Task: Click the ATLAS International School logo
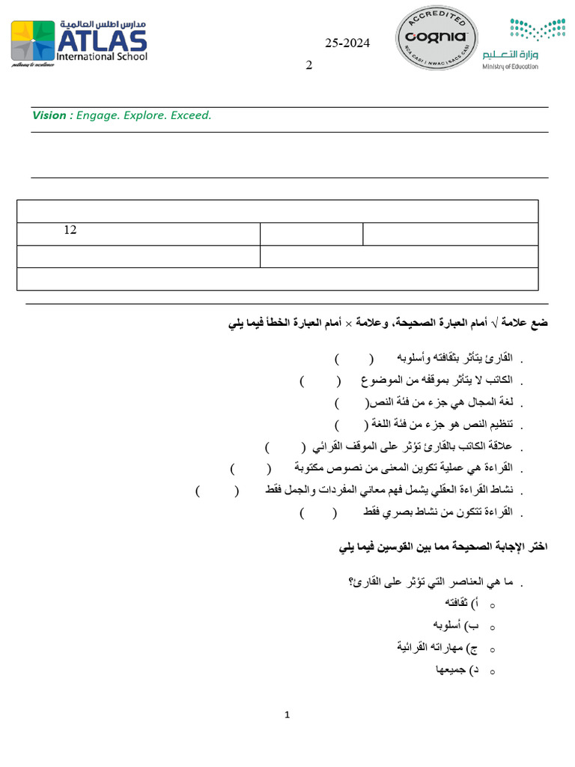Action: pyautogui.click(x=79, y=43)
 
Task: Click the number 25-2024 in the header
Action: pyautogui.click(x=347, y=43)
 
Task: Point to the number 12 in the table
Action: pyautogui.click(x=70, y=230)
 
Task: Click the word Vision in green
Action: pyautogui.click(x=49, y=115)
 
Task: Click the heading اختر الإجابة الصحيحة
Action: pyautogui.click(x=443, y=548)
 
